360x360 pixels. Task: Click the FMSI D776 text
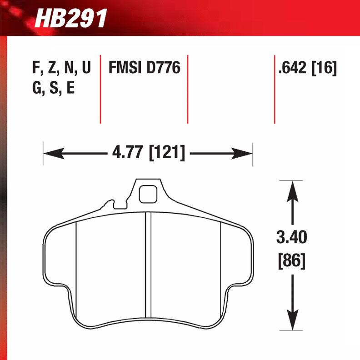[x=145, y=69]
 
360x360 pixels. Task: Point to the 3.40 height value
[x=291, y=237]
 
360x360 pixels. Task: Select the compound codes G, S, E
[x=54, y=88]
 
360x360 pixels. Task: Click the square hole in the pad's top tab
[x=146, y=195]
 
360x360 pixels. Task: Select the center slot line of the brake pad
[x=147, y=268]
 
